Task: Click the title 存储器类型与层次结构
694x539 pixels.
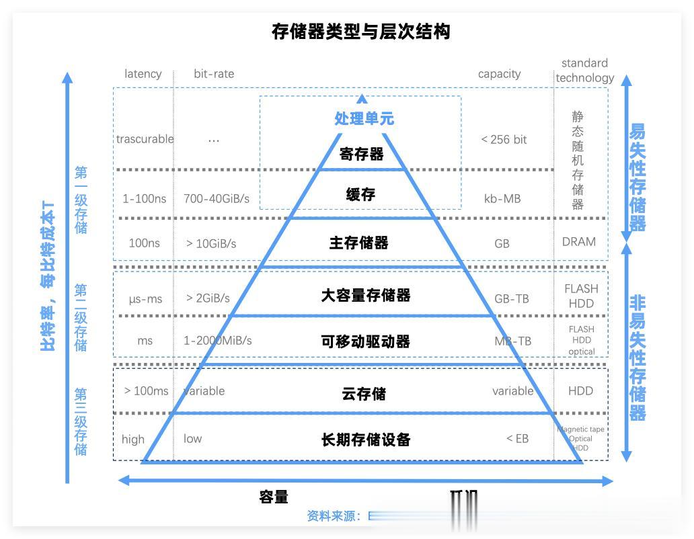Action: click(x=360, y=32)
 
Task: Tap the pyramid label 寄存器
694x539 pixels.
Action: click(x=361, y=154)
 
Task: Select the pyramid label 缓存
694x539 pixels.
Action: click(x=361, y=195)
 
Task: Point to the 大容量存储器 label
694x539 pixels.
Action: click(x=365, y=295)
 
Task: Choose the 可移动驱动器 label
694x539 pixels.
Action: click(x=365, y=341)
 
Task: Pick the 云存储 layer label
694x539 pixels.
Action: click(x=364, y=394)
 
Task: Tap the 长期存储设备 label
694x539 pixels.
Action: click(x=365, y=440)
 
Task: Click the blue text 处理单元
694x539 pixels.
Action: click(x=364, y=119)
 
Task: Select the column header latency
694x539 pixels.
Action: click(x=143, y=74)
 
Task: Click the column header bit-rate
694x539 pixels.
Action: click(x=214, y=74)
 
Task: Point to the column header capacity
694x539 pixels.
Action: click(x=499, y=74)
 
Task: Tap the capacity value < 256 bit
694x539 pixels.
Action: click(x=504, y=140)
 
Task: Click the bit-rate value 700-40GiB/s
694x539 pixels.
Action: click(x=216, y=199)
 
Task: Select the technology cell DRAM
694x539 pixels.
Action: click(x=579, y=242)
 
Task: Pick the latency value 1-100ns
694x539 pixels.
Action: click(x=144, y=199)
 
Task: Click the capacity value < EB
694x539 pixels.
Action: click(x=517, y=439)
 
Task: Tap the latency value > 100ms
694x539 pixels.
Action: click(x=146, y=391)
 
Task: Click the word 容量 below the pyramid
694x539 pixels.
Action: click(x=274, y=497)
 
